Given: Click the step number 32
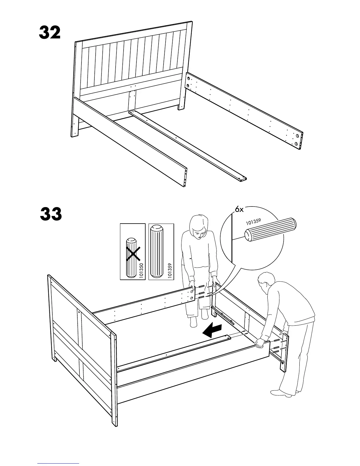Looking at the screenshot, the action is coord(50,33).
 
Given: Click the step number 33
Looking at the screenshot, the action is coord(51,214).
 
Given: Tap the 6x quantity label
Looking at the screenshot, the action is coord(239,209).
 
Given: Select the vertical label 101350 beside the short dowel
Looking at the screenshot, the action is coord(141,271).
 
